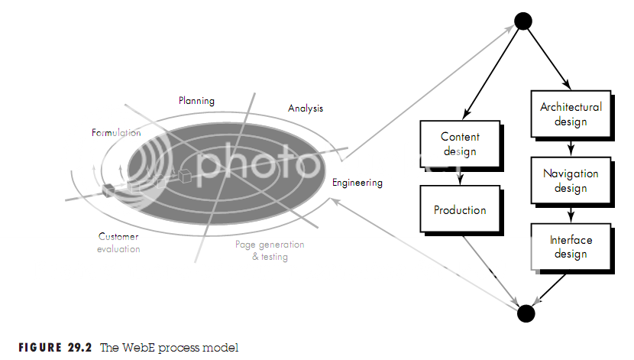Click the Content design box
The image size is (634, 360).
[x=460, y=144]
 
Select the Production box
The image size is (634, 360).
[x=460, y=210]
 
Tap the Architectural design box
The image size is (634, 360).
[x=571, y=114]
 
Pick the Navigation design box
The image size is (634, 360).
[x=571, y=181]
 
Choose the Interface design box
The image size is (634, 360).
[x=571, y=246]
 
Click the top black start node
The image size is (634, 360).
[x=522, y=21]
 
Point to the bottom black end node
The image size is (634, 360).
[x=525, y=312]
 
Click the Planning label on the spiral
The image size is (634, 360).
[x=196, y=101]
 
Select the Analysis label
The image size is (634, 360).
[x=305, y=109]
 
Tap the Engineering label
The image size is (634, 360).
[x=357, y=183]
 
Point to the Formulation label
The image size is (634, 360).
[x=116, y=133]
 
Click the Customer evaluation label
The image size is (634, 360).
[x=119, y=242]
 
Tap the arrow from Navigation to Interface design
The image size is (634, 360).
[x=571, y=213]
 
